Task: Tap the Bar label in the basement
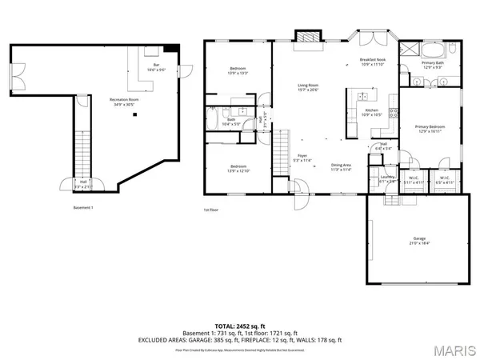tap(156, 66)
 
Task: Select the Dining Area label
tap(342, 166)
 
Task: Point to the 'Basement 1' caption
tap(83, 207)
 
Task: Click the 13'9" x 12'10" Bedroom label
tap(238, 169)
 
